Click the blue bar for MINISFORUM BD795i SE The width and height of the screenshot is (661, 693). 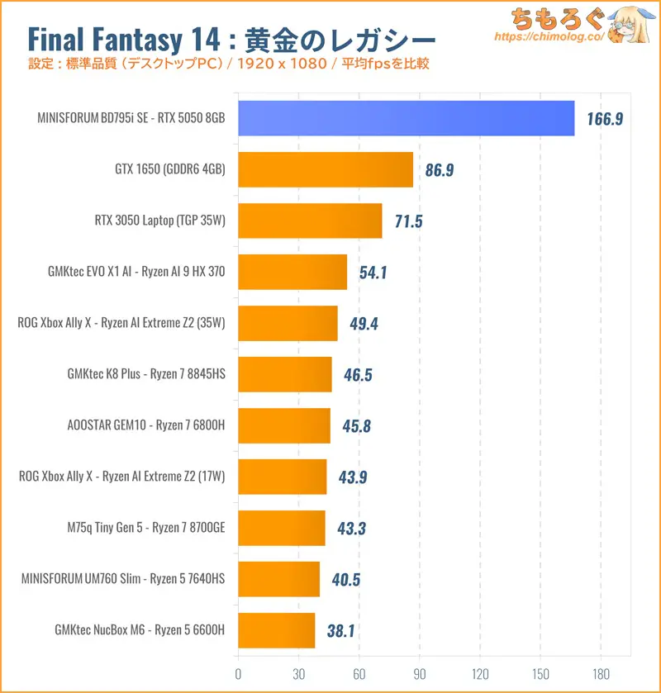coord(406,118)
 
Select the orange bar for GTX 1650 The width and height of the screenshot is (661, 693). coord(325,169)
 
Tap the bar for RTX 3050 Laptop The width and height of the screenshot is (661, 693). coord(310,221)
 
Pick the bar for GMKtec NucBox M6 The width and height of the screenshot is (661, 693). coord(276,630)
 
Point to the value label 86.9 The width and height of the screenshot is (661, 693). coord(439,170)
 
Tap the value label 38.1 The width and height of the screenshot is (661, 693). coord(340,631)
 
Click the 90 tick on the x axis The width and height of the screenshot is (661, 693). coord(420,672)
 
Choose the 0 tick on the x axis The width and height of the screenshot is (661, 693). coord(238,672)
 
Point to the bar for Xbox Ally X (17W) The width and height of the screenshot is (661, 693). coord(282,477)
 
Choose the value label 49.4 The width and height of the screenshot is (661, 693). coord(364,324)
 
